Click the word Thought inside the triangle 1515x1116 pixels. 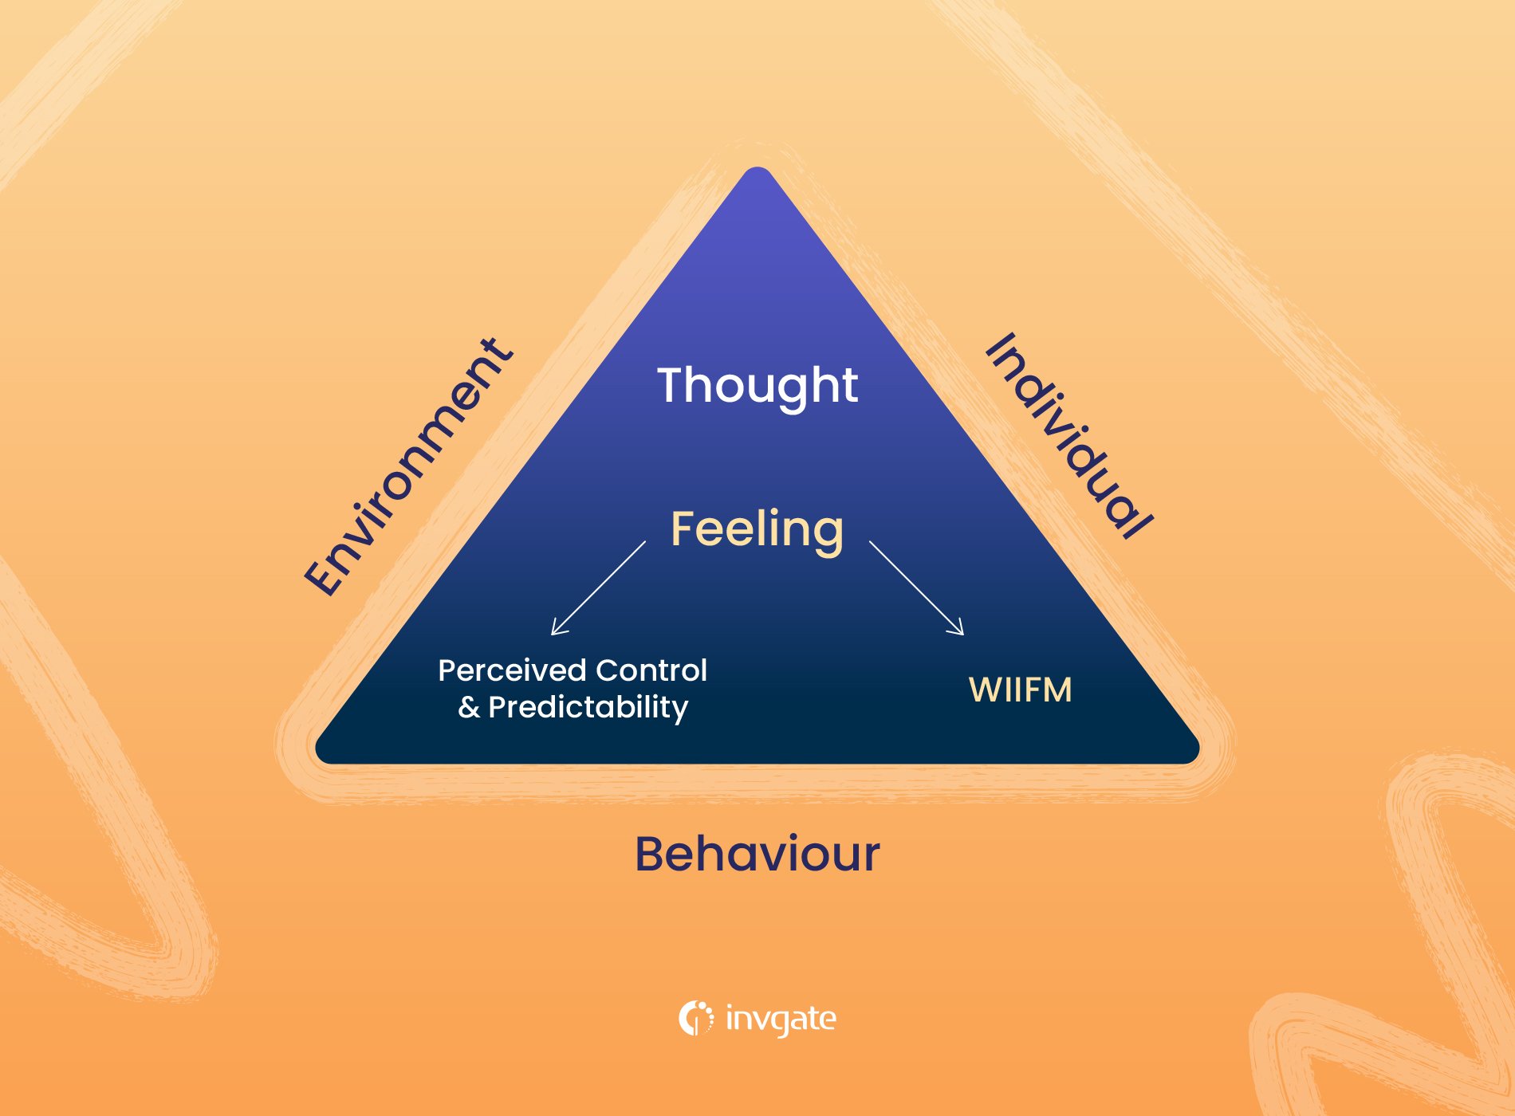click(757, 386)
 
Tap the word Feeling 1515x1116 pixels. click(757, 529)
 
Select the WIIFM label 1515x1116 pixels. click(1020, 690)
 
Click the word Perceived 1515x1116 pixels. click(511, 670)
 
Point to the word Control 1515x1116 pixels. click(651, 670)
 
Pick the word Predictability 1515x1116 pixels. click(588, 708)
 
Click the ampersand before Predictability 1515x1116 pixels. click(469, 708)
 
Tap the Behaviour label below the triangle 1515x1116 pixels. click(757, 855)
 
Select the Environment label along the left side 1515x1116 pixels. click(408, 468)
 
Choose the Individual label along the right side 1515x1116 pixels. click(1068, 436)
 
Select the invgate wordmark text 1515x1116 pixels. click(781, 1019)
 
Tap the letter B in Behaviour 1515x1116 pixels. click(652, 855)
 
